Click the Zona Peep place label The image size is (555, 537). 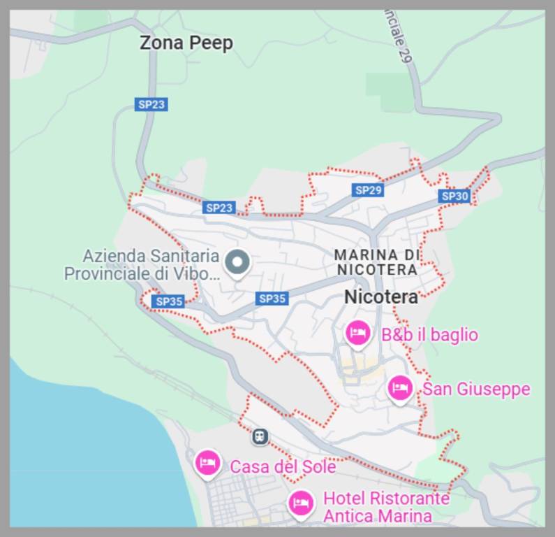(186, 43)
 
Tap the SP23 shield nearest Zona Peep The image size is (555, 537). (151, 104)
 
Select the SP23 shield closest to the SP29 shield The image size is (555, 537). (219, 208)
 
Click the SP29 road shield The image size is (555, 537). (368, 190)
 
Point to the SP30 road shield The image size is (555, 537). (454, 196)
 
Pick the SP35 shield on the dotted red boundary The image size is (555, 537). (168, 301)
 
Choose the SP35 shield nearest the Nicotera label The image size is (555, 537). (272, 299)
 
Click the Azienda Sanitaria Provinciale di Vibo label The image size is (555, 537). (142, 265)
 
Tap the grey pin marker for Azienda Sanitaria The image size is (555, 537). (238, 264)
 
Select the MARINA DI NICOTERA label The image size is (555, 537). (376, 262)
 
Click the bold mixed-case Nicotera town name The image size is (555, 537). (381, 296)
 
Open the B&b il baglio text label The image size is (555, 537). (429, 335)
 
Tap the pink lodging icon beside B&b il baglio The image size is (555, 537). (358, 333)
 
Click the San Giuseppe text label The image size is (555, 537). (476, 389)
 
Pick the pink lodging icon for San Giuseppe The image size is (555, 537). (400, 387)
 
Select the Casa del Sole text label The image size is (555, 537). (283, 466)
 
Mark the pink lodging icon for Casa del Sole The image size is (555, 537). (207, 463)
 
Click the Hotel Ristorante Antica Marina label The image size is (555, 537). (386, 508)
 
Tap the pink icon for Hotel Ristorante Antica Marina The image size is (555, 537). (301, 502)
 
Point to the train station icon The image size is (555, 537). (260, 437)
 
